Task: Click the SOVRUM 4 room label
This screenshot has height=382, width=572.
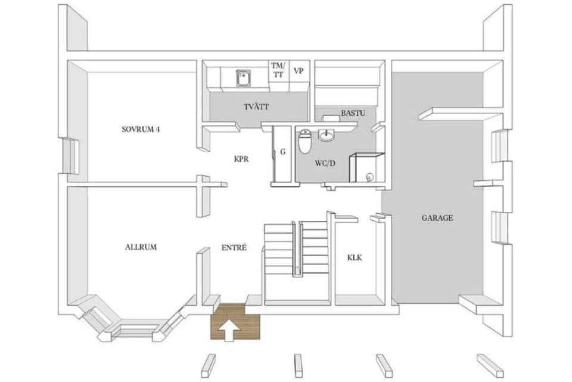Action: tap(141, 129)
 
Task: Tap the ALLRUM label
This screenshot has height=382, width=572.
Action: tap(141, 247)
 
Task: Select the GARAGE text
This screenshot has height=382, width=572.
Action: tap(437, 218)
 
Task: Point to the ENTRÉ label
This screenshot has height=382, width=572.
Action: tap(234, 247)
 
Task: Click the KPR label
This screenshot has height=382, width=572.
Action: tap(241, 160)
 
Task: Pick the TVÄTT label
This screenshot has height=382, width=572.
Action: tap(256, 107)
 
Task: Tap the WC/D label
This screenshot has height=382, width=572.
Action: tap(325, 162)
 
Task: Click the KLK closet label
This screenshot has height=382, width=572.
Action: tap(355, 258)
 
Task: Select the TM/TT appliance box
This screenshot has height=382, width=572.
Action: tap(277, 70)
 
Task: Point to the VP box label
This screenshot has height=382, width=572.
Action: tap(299, 70)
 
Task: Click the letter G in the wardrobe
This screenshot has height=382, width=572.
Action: tap(283, 152)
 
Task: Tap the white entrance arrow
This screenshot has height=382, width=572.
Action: tap(228, 328)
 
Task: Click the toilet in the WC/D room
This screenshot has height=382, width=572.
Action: tap(304, 142)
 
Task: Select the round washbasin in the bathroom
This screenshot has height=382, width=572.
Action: tap(327, 136)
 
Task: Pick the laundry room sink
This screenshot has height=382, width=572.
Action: tap(243, 78)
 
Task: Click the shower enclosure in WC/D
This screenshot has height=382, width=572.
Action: tap(366, 168)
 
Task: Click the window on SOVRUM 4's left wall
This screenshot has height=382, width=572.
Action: tap(70, 155)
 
